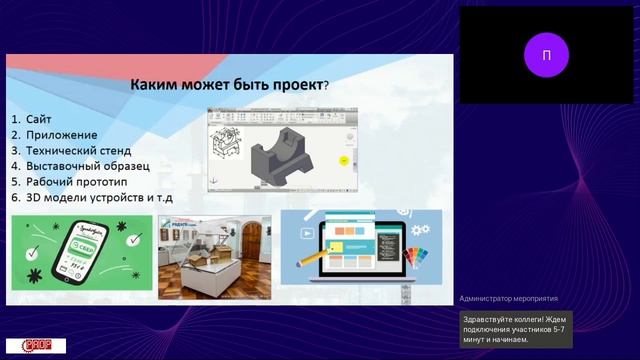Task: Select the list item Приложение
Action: click(61, 134)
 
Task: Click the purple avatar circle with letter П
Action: click(545, 55)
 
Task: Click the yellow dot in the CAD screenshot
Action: click(344, 160)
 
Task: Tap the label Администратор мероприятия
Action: click(508, 298)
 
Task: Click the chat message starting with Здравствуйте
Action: click(516, 328)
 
